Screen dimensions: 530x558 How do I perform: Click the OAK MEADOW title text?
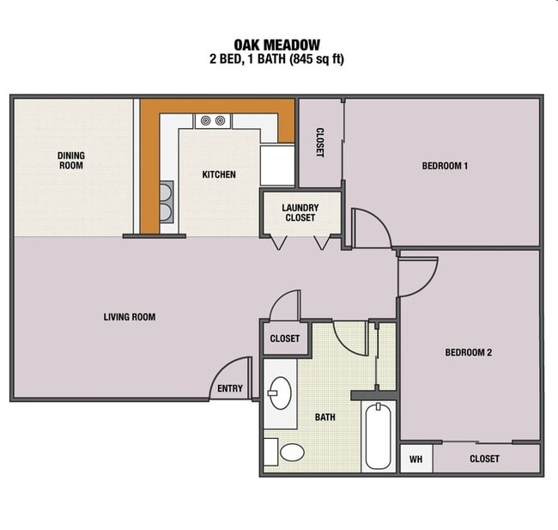click(277, 45)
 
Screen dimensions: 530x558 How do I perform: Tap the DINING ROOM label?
click(71, 161)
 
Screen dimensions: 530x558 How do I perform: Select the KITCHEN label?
click(219, 175)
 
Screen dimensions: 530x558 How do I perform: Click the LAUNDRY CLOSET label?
click(300, 212)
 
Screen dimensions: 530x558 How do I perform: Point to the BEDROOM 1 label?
click(445, 167)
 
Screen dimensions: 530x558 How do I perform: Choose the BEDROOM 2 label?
click(468, 352)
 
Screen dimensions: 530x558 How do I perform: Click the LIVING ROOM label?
click(130, 317)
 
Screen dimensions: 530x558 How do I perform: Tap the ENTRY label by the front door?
click(230, 389)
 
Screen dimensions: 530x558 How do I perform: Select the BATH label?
click(324, 417)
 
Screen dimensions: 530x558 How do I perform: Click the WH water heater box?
click(415, 460)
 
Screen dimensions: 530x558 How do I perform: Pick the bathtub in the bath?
click(379, 436)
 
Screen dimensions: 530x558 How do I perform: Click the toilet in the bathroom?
click(290, 452)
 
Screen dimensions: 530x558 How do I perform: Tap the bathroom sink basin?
click(279, 394)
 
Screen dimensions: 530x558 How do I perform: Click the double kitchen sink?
click(167, 202)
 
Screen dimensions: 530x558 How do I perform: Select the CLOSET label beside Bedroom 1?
click(319, 143)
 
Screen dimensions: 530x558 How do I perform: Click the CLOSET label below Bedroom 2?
click(484, 460)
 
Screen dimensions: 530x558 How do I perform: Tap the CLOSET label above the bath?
click(285, 338)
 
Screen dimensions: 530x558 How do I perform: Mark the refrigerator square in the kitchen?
click(277, 165)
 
